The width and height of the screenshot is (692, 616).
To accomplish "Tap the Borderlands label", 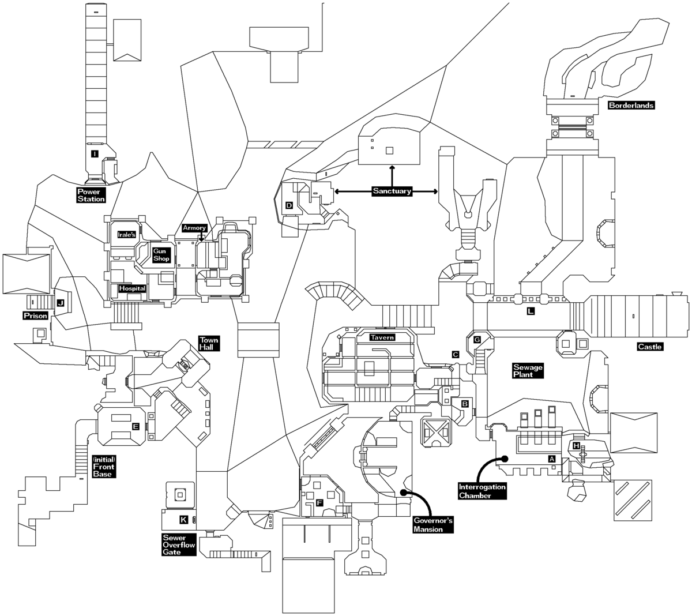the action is coord(631,106).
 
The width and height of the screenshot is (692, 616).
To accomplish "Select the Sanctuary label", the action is coord(392,191).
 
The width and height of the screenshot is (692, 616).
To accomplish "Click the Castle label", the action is coord(650,347).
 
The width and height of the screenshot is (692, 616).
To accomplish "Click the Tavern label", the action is coord(383,337).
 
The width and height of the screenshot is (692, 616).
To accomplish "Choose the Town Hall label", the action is coord(206,344).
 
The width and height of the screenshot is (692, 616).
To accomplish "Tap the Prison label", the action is coord(35,315).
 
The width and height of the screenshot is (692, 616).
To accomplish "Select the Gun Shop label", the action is coord(161,255).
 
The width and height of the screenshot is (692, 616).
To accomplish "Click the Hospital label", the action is coord(132,288).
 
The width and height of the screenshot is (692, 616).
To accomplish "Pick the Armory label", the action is coord(194,228).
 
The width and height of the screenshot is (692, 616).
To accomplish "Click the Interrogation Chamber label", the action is coord(482,491).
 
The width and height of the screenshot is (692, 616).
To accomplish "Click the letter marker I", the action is coord(94,154).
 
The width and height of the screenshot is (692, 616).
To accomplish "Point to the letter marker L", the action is coord(531,311).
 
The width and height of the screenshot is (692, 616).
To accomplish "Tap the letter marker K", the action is coord(183,520).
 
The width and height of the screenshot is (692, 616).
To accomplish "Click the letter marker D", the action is coord(289,205).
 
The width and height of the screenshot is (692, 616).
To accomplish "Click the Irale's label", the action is coord(126,235).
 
